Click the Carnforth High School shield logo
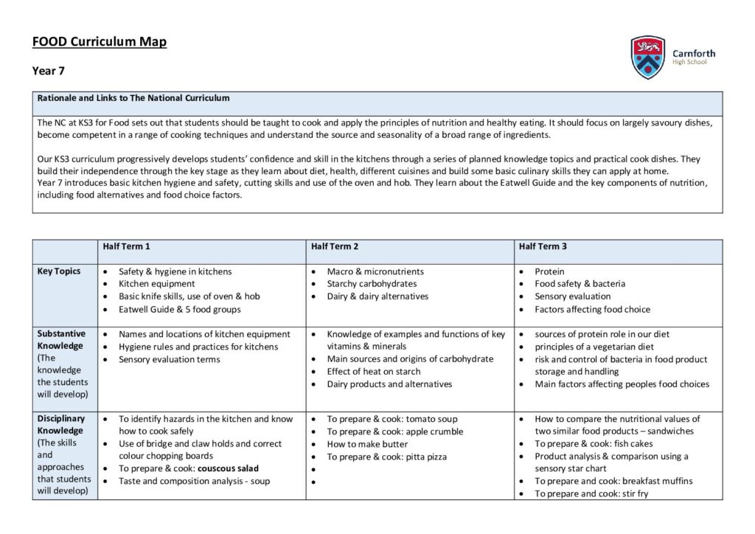pos(648,58)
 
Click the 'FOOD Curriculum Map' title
pos(100,41)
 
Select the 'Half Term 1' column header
pos(127,246)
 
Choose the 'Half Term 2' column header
pos(335,246)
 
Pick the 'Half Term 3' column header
pos(543,246)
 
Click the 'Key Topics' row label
pos(59,271)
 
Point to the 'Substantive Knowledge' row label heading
pos(61,340)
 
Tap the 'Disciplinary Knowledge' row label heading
pos(61,425)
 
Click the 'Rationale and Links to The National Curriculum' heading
pos(133,98)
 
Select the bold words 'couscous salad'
pos(228,468)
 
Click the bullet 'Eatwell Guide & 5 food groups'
pos(179,309)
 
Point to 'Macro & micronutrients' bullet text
pos(375,271)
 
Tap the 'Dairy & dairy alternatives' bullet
pos(377,297)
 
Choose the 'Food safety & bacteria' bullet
pos(580,284)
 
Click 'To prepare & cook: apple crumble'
pos(395,431)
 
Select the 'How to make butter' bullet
pos(367,444)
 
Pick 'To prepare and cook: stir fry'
pos(591,493)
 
